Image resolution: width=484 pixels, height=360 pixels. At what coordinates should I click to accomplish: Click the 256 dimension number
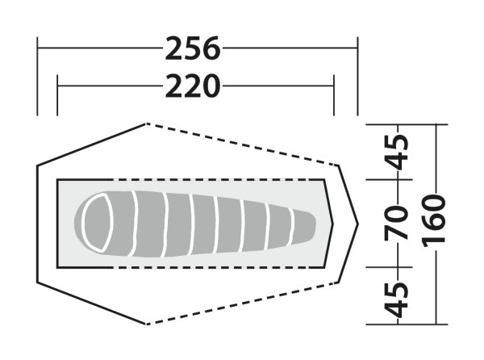click(194, 48)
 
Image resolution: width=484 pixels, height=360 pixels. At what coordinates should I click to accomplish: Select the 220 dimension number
click(194, 86)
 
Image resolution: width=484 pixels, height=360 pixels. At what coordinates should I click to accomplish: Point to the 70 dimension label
click(397, 223)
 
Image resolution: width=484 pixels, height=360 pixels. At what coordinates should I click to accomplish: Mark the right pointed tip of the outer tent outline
click(357, 223)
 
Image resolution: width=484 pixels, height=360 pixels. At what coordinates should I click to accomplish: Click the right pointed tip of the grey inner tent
click(332, 224)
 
